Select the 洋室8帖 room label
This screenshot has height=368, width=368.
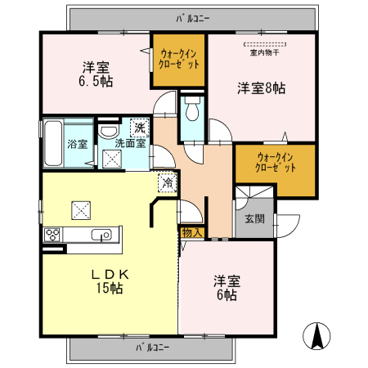click(x=262, y=87)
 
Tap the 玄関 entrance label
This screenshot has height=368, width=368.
click(x=254, y=219)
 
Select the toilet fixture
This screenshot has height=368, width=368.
click(x=192, y=109)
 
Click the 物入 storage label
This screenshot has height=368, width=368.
click(x=191, y=233)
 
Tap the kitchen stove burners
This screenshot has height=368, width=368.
click(x=53, y=236)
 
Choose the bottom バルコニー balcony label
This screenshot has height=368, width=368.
click(x=152, y=348)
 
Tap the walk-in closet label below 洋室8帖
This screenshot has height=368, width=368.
click(x=275, y=161)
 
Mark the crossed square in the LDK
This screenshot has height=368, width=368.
click(x=82, y=209)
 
